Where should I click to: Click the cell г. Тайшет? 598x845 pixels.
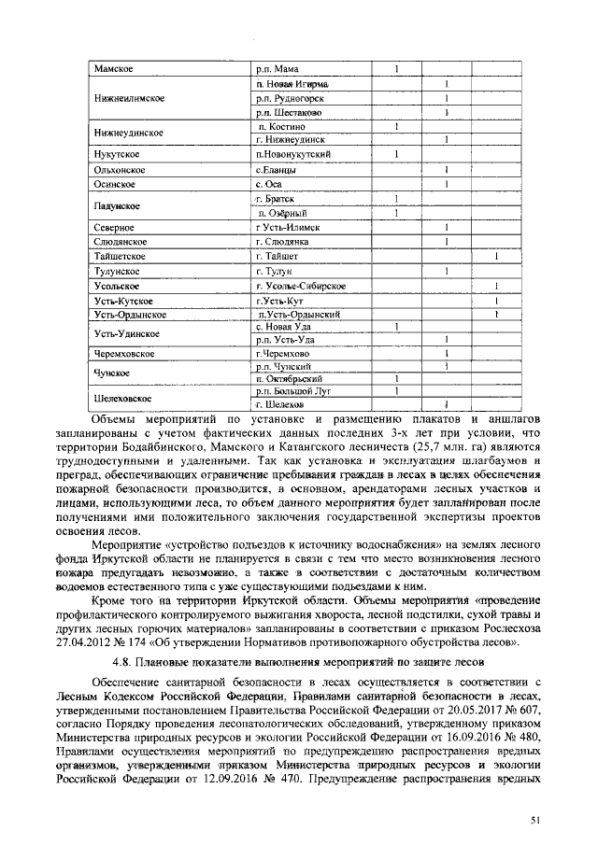coord(277,257)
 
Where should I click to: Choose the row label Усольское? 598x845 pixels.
coord(116,286)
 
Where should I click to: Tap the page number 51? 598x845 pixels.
coord(536,820)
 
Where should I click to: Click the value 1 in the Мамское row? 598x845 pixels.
coord(396,69)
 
